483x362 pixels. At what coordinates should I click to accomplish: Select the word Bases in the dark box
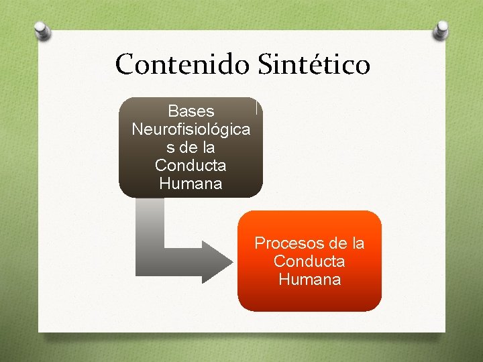coord(191,110)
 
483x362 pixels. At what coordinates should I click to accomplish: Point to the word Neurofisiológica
coord(191,128)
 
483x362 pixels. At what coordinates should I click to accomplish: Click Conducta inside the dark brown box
coord(191,165)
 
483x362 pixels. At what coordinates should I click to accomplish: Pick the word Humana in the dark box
coord(191,183)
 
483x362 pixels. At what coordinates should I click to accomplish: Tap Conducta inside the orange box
coord(309,261)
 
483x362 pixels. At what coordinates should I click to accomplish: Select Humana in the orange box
coord(309,279)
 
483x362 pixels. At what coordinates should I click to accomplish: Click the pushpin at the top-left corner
coord(42,30)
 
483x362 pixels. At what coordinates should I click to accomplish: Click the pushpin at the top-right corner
coord(441,29)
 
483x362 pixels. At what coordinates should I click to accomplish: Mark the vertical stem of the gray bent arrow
coord(150,228)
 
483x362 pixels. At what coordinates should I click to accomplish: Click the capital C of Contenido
coord(125,65)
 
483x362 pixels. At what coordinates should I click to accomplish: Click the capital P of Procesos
coord(260,243)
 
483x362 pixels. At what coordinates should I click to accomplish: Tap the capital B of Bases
coord(172,110)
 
